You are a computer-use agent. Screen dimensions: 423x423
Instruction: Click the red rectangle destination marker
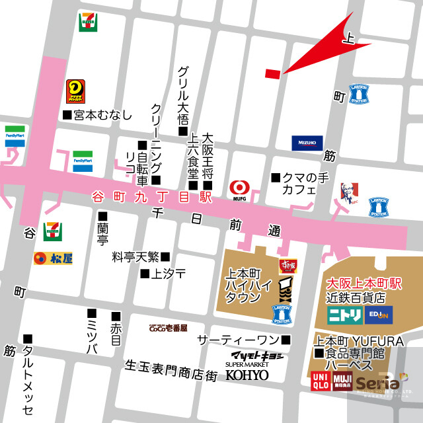(x=272, y=73)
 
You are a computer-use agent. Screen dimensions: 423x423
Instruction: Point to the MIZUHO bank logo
(x=307, y=143)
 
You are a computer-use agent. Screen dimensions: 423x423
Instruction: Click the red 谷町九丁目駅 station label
(x=151, y=196)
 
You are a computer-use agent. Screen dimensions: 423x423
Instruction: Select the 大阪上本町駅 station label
(x=365, y=283)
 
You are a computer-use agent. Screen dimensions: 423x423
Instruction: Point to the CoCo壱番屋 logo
(x=168, y=328)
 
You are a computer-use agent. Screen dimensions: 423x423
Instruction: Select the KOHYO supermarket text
(x=247, y=375)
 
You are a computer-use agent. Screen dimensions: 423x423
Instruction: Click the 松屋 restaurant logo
(x=54, y=256)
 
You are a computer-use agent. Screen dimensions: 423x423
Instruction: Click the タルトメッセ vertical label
(x=28, y=377)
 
